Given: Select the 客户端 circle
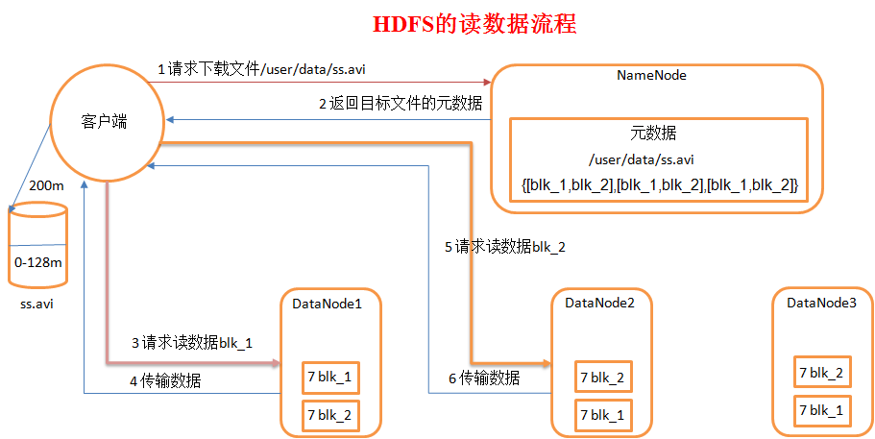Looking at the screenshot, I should [x=105, y=123].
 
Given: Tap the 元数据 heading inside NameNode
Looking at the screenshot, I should [x=658, y=134].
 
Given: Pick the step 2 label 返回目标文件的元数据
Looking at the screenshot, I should [x=401, y=103].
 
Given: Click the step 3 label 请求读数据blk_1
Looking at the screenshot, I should [x=191, y=342].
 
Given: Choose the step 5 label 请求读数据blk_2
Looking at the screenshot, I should [x=505, y=247].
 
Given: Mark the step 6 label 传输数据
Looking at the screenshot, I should [x=484, y=378].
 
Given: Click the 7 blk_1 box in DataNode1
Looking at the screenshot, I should [x=329, y=378].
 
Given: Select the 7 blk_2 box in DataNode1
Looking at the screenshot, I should [x=329, y=415].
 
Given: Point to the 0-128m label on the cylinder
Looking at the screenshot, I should [x=38, y=262].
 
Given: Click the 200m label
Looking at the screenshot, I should [x=45, y=185].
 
